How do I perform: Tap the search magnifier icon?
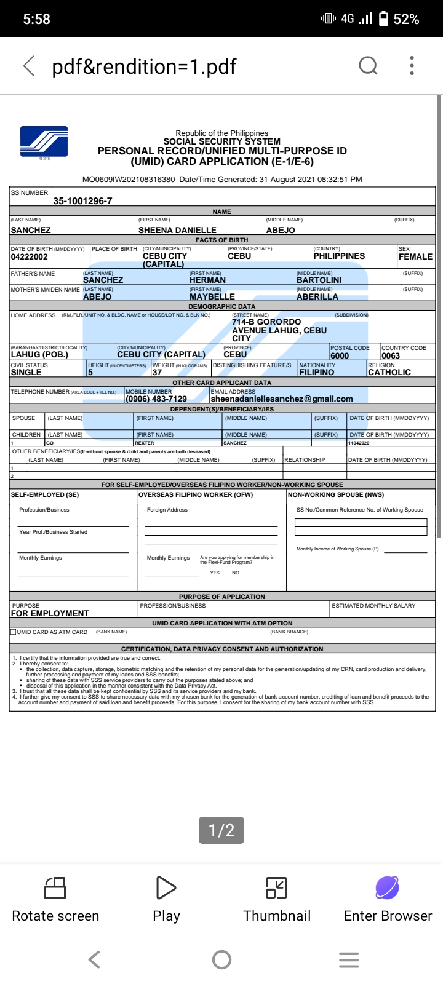[x=368, y=65]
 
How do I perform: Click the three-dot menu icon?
[x=412, y=65]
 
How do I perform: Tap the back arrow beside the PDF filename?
[x=29, y=66]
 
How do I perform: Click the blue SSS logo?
[x=44, y=142]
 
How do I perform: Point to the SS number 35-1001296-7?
[x=82, y=201]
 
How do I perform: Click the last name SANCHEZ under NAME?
[x=31, y=230]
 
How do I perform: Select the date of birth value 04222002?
[x=30, y=257]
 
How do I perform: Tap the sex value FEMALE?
[x=415, y=256]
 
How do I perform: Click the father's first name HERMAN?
[x=207, y=280]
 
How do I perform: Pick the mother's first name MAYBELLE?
[x=212, y=296]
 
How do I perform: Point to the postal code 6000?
[x=340, y=355]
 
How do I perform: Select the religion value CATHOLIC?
[x=389, y=372]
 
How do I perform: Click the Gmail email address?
[x=282, y=399]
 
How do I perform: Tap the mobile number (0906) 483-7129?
[x=156, y=399]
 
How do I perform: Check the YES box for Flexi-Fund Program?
[x=206, y=572]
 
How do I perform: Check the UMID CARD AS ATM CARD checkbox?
[x=14, y=632]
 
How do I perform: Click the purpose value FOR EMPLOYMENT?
[x=50, y=613]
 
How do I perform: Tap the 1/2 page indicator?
[x=221, y=830]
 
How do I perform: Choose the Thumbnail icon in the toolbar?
[x=276, y=888]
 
